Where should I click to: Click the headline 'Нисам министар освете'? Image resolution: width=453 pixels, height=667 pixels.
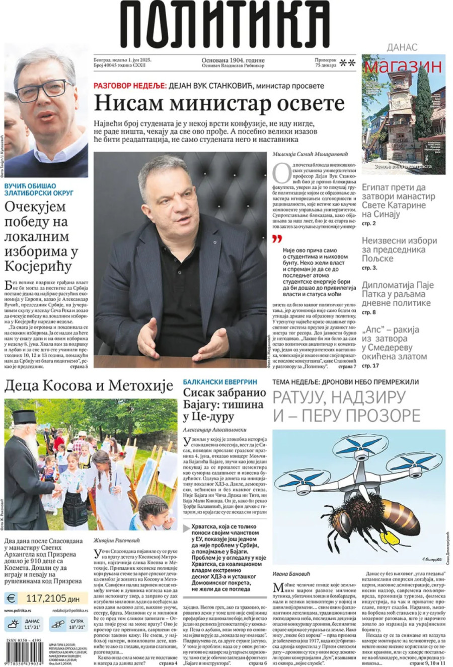click(x=219, y=104)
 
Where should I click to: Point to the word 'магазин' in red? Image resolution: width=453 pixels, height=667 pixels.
click(x=403, y=65)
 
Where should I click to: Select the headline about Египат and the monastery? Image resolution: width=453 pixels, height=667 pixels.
click(x=394, y=201)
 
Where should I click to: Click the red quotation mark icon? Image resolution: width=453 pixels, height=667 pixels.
click(x=277, y=238)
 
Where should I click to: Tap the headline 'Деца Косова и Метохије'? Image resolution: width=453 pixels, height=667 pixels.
click(x=89, y=386)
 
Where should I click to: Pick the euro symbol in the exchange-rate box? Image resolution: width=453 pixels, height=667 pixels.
click(x=11, y=598)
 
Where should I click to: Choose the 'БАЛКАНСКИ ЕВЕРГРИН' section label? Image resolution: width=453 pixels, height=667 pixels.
click(x=219, y=382)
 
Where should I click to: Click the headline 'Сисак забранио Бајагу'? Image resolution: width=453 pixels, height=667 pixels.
click(x=224, y=405)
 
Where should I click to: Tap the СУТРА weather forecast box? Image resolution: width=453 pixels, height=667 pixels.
click(x=68, y=624)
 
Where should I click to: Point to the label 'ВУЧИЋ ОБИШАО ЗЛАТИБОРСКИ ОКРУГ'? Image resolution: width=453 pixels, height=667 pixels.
click(x=39, y=189)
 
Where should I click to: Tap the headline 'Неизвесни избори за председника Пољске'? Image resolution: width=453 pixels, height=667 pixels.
click(x=399, y=249)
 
